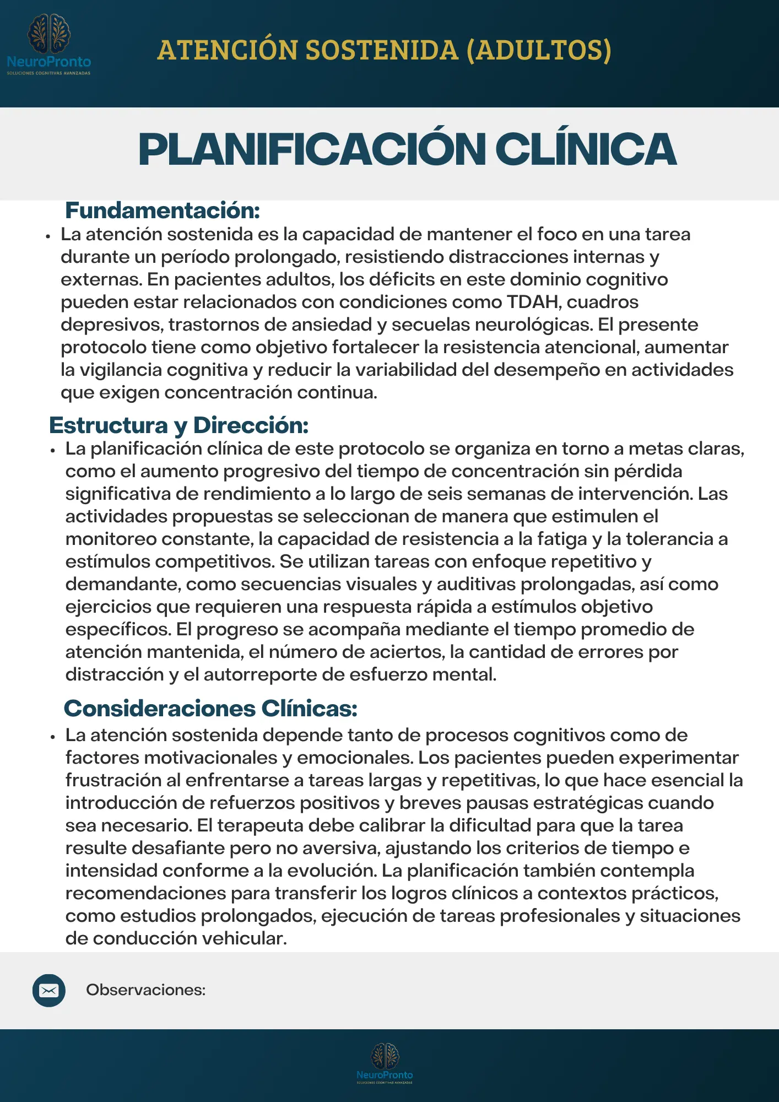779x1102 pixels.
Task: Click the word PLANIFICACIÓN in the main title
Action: click(311, 149)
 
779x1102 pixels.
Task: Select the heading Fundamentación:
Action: click(163, 210)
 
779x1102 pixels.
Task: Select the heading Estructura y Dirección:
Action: click(178, 425)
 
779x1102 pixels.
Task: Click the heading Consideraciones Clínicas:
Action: click(210, 709)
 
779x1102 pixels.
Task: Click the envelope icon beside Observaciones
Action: click(49, 991)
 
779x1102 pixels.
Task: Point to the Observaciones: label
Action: click(145, 990)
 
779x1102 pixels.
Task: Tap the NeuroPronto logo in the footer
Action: click(385, 1063)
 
